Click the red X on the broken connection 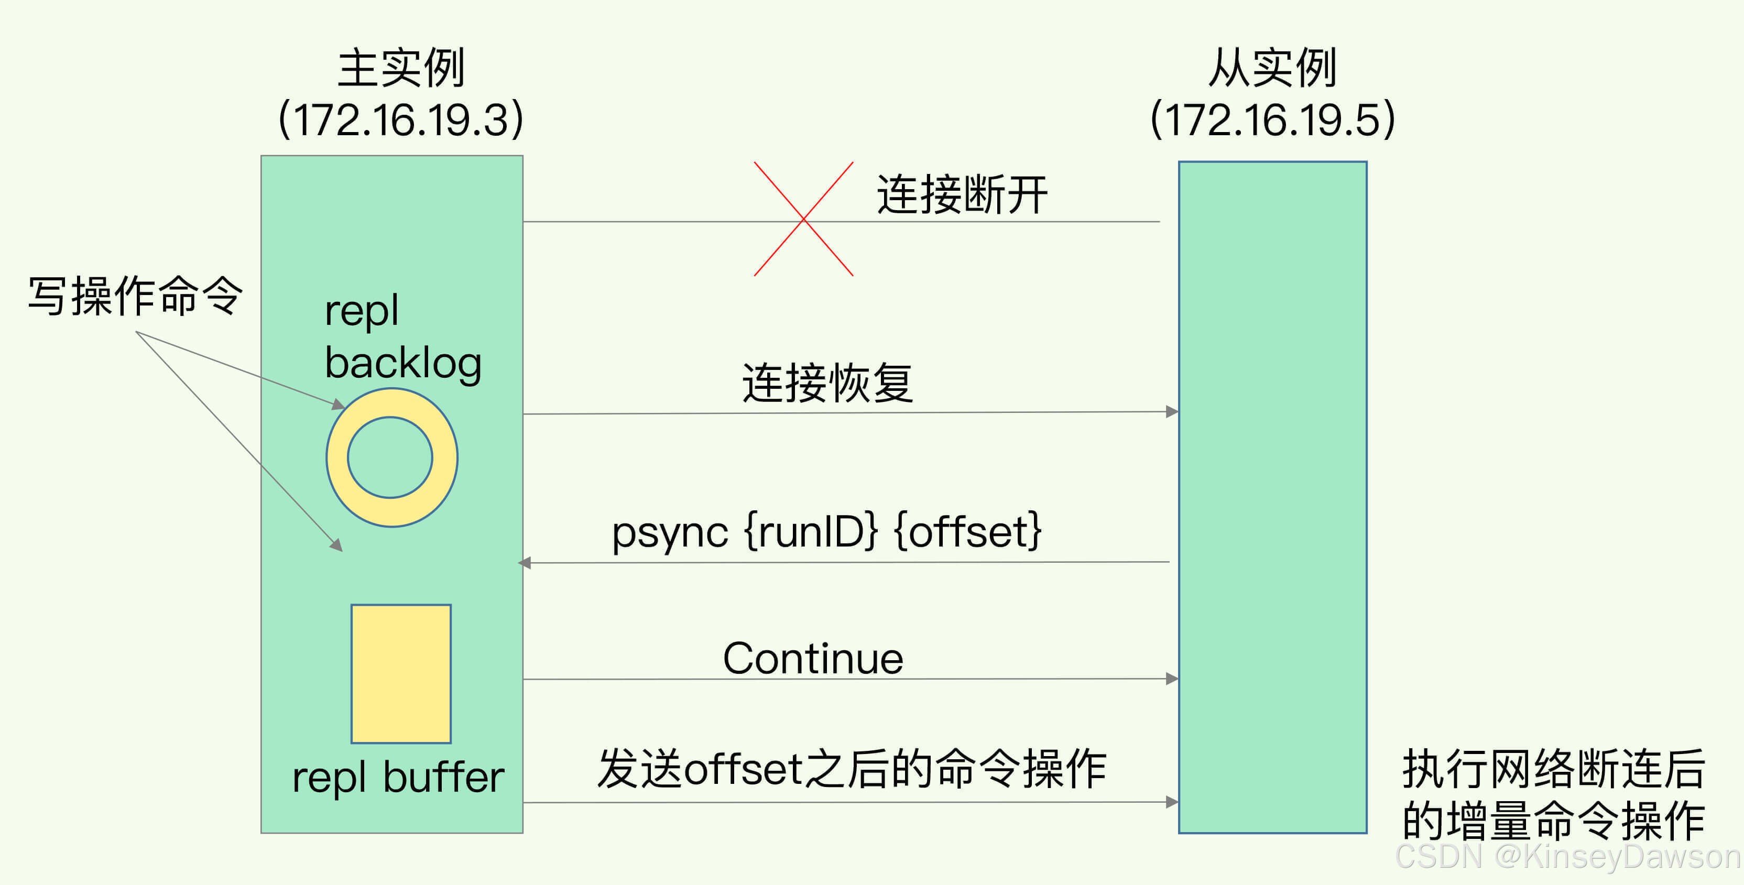(x=804, y=218)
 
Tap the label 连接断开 (x=962, y=195)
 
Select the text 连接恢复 (x=827, y=383)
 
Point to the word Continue (x=812, y=658)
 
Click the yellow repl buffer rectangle (x=401, y=673)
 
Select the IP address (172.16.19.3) (x=401, y=119)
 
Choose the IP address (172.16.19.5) (x=1273, y=119)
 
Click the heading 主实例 (x=401, y=68)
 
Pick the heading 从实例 (x=1273, y=68)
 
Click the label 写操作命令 (x=135, y=296)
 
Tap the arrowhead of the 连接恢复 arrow (x=1172, y=412)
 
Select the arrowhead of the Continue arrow (x=1172, y=679)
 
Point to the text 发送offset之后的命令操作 (x=852, y=769)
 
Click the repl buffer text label (x=398, y=778)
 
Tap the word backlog (x=403, y=364)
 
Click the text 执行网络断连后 (x=1553, y=769)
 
